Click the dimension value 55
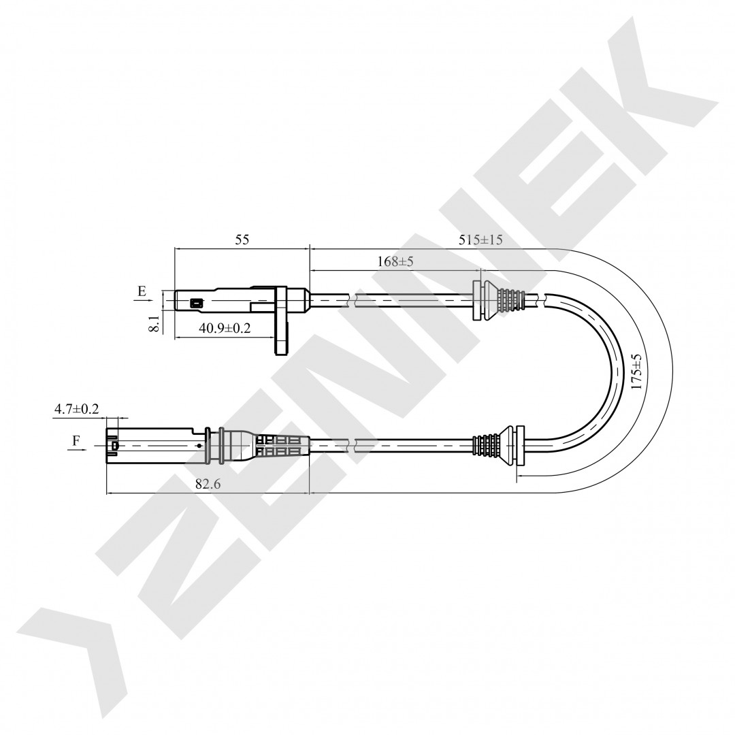click(242, 240)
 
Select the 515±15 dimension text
click(480, 240)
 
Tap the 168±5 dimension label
click(395, 261)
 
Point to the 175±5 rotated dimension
click(636, 372)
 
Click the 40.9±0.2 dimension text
click(225, 327)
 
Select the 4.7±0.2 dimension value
click(77, 409)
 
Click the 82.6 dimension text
click(208, 484)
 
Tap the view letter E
click(142, 291)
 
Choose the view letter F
click(76, 440)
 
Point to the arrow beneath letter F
click(77, 450)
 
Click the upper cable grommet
click(500, 301)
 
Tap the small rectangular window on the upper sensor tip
click(196, 304)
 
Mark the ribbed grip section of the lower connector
click(281, 446)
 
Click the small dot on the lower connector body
click(199, 445)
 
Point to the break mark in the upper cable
click(353, 301)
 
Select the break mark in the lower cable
click(353, 445)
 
